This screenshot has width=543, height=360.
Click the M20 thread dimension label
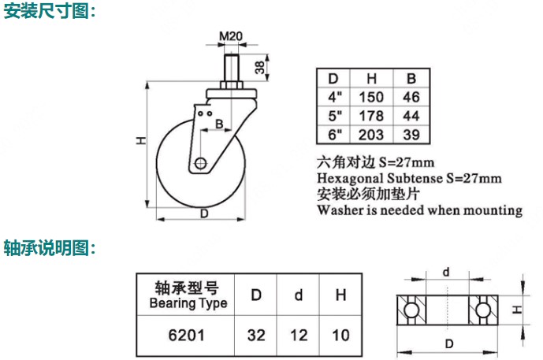point(231,36)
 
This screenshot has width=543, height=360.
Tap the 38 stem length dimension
point(260,68)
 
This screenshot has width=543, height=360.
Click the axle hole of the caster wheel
point(200,163)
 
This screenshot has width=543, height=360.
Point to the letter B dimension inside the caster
point(219,124)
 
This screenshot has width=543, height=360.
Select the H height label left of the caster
point(141,140)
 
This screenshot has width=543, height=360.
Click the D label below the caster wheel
point(204,213)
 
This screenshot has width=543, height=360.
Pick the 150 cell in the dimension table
point(371,97)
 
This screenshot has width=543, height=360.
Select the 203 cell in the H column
point(371,134)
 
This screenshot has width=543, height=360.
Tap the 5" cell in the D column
point(335,116)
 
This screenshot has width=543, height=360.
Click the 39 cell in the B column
point(411,134)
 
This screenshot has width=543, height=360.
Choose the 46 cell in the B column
point(411,97)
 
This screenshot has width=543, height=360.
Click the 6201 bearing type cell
point(186,335)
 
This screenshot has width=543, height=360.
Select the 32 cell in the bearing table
point(256,335)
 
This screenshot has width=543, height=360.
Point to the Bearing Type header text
point(188,303)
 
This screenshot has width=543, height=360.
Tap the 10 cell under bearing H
point(340,335)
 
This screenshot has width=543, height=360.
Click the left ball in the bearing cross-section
point(411,310)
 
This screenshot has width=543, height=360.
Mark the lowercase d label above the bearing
point(446,272)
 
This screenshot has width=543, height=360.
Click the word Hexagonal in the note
point(350,178)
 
